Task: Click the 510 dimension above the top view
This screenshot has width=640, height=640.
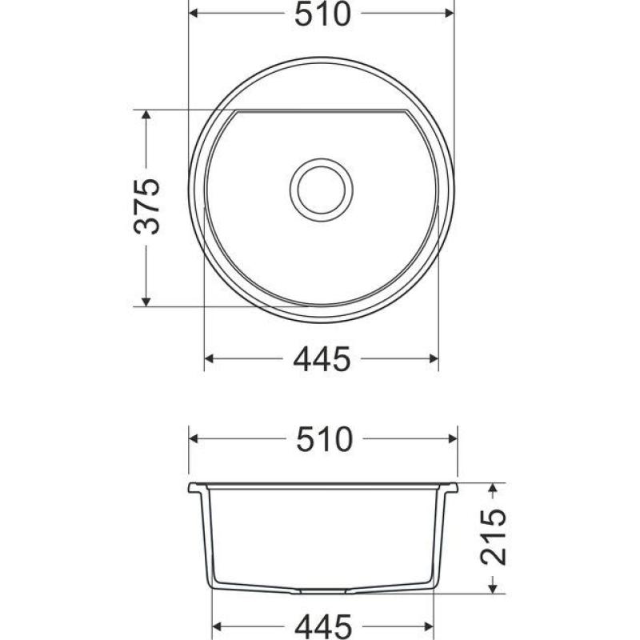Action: tap(322, 14)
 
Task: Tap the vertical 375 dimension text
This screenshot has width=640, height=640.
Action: tap(148, 207)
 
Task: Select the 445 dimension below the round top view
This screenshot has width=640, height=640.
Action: tap(322, 360)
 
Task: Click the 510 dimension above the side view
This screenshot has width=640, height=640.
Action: tap(323, 439)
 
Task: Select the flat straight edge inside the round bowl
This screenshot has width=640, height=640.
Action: tap(320, 111)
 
